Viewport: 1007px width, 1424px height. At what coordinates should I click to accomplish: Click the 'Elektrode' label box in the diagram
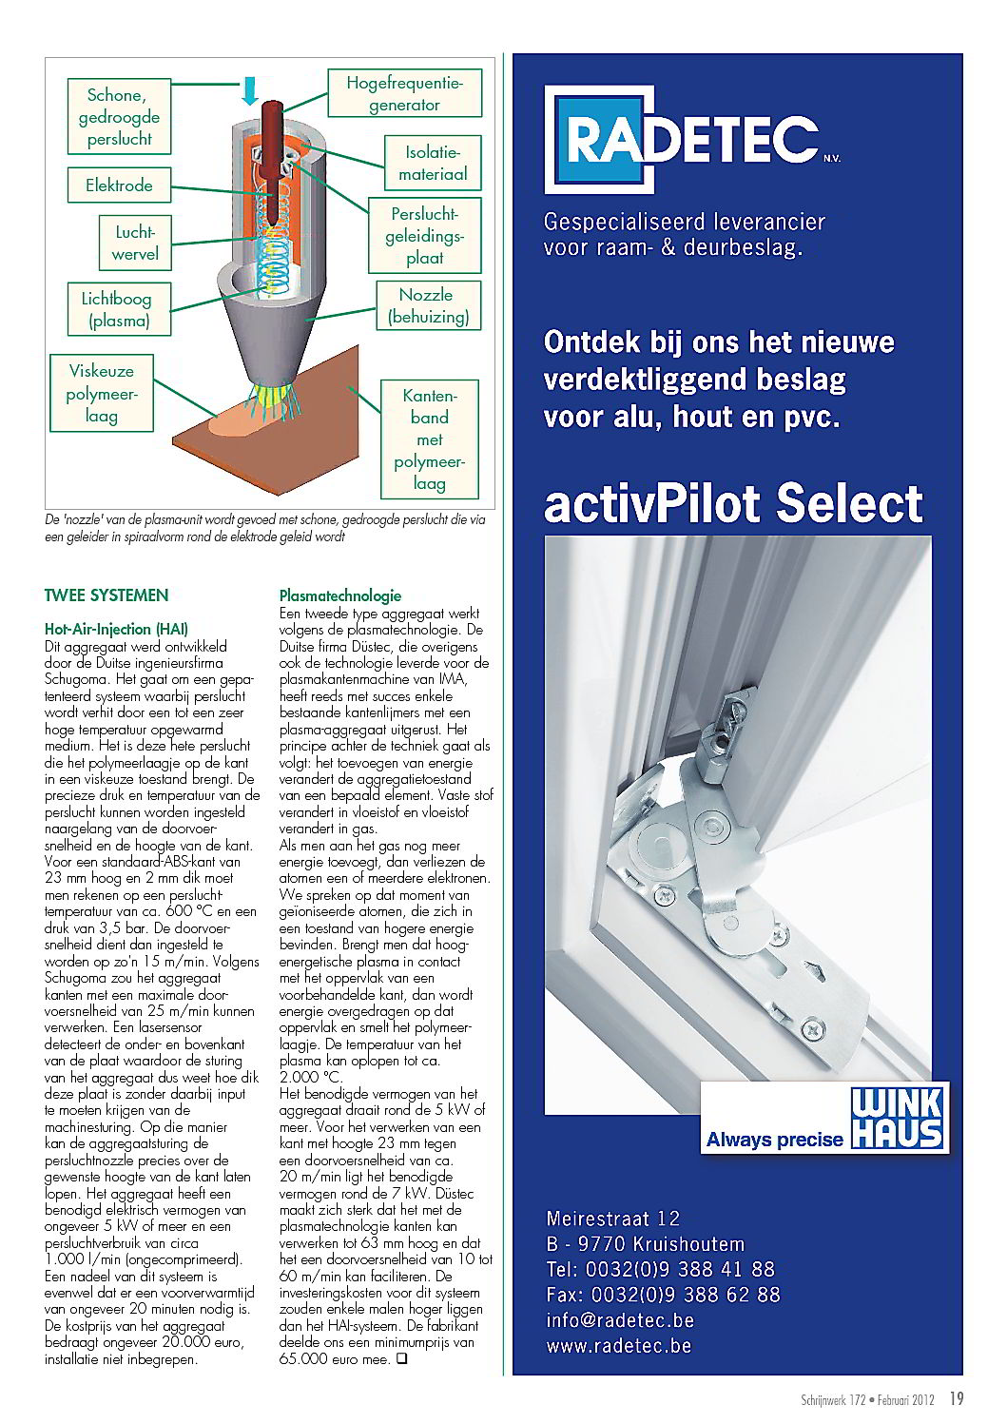click(119, 185)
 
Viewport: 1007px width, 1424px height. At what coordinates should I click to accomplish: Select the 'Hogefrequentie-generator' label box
click(404, 94)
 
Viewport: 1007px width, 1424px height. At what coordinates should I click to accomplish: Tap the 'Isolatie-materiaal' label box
click(433, 164)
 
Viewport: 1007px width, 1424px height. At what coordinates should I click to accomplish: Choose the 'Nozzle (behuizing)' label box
click(427, 306)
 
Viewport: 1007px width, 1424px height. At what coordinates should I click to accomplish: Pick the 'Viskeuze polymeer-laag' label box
click(101, 393)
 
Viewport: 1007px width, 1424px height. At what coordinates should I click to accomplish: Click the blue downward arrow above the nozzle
click(249, 89)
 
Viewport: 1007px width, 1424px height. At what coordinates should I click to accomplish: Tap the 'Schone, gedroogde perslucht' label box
click(119, 117)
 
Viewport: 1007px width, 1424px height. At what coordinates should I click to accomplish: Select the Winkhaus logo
click(897, 1120)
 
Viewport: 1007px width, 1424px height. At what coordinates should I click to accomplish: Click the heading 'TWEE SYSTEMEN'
click(107, 595)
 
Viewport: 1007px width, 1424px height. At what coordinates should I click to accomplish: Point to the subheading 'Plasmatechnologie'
click(339, 596)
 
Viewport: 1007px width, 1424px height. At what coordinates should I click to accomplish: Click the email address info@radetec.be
click(620, 1320)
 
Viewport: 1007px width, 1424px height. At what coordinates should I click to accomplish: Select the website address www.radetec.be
click(618, 1345)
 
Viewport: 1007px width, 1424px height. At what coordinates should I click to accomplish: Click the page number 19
click(957, 1398)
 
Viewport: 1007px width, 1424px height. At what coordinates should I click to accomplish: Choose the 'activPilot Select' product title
click(733, 503)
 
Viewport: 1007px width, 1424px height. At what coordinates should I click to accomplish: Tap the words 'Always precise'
click(774, 1140)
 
